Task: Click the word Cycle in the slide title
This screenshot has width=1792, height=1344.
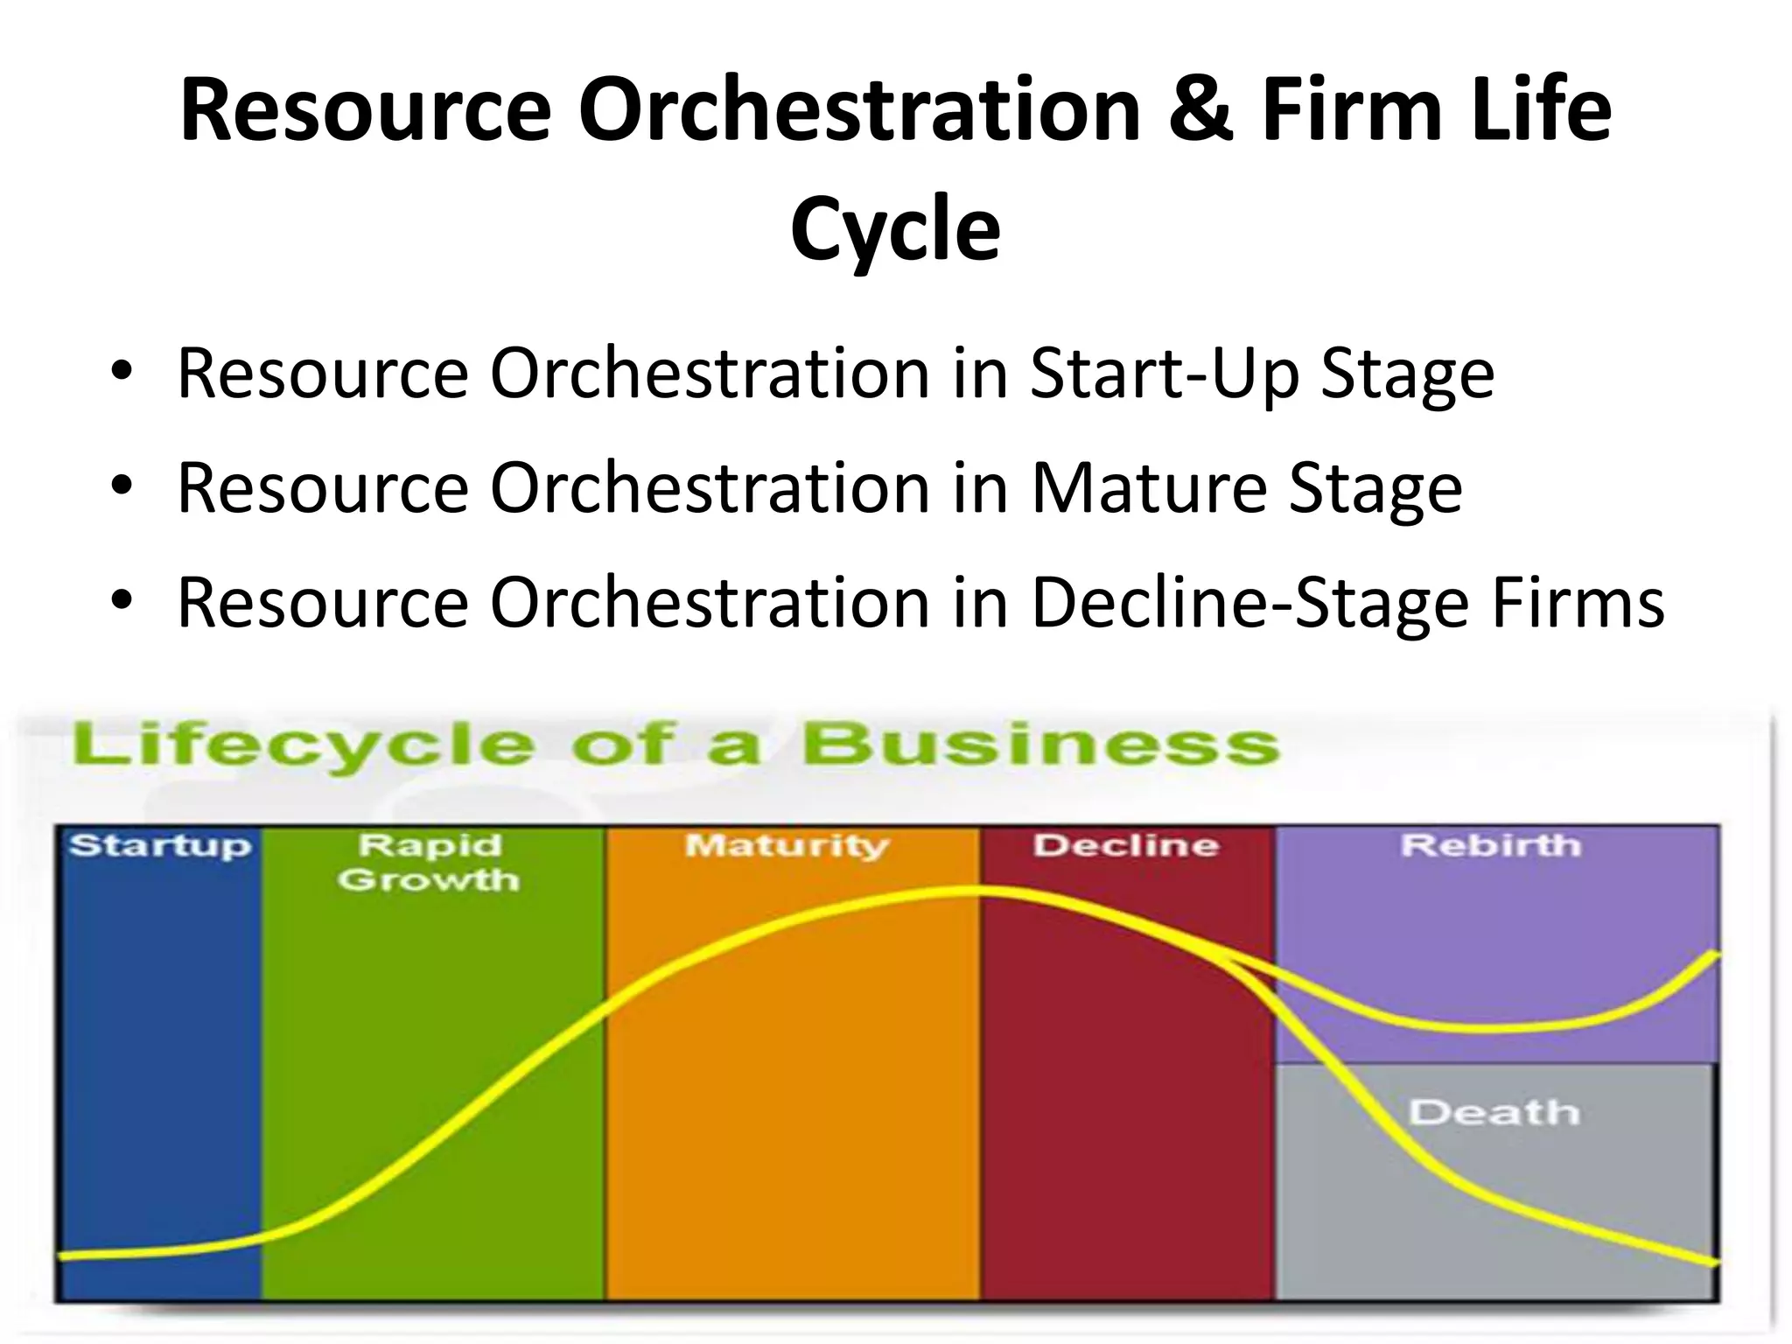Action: [x=895, y=229]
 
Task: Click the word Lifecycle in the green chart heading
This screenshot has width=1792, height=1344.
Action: [x=303, y=746]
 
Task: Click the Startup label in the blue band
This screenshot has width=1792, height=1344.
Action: [x=160, y=846]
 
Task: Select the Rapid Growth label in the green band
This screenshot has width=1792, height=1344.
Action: [x=429, y=862]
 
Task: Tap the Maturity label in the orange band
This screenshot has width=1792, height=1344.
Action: [x=787, y=845]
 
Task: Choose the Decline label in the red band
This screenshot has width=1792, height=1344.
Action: [x=1126, y=845]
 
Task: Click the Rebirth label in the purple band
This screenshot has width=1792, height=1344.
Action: [x=1491, y=845]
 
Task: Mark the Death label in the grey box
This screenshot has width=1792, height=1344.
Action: [x=1494, y=1112]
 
